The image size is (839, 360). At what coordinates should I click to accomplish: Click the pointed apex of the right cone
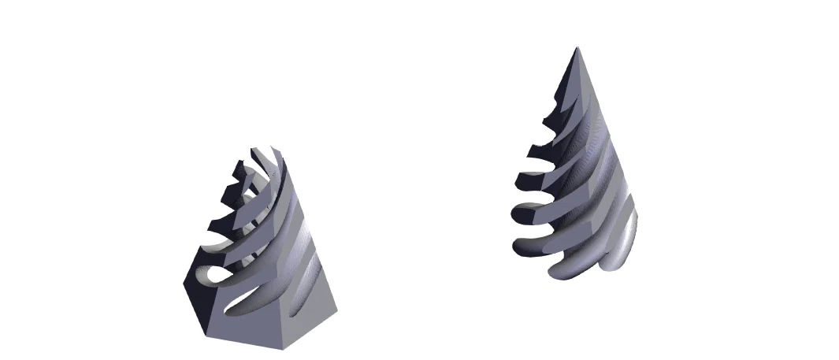tap(577, 48)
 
